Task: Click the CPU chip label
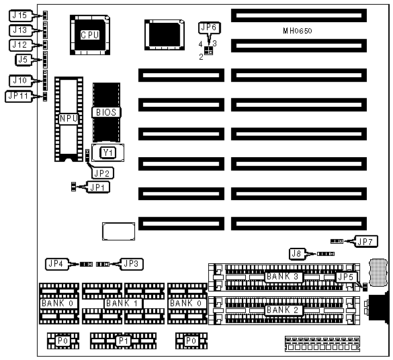pyautogui.click(x=90, y=35)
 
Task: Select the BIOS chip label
pyautogui.click(x=106, y=112)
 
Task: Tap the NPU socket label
pyautogui.click(x=69, y=118)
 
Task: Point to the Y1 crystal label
pyautogui.click(x=108, y=152)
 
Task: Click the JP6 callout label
pyautogui.click(x=209, y=28)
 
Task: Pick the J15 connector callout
pyautogui.click(x=20, y=15)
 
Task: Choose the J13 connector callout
pyautogui.click(x=21, y=30)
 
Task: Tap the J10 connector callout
pyautogui.click(x=21, y=81)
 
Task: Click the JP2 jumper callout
pyautogui.click(x=103, y=173)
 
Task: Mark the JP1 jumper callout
pyautogui.click(x=98, y=187)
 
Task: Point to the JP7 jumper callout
pyautogui.click(x=365, y=242)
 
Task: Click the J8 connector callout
pyautogui.click(x=297, y=254)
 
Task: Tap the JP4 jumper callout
pyautogui.click(x=56, y=264)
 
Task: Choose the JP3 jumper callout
pyautogui.click(x=132, y=264)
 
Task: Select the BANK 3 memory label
pyautogui.click(x=283, y=277)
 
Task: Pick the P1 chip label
pyautogui.click(x=124, y=341)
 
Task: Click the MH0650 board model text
pyautogui.click(x=298, y=31)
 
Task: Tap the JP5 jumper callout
pyautogui.click(x=345, y=277)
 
